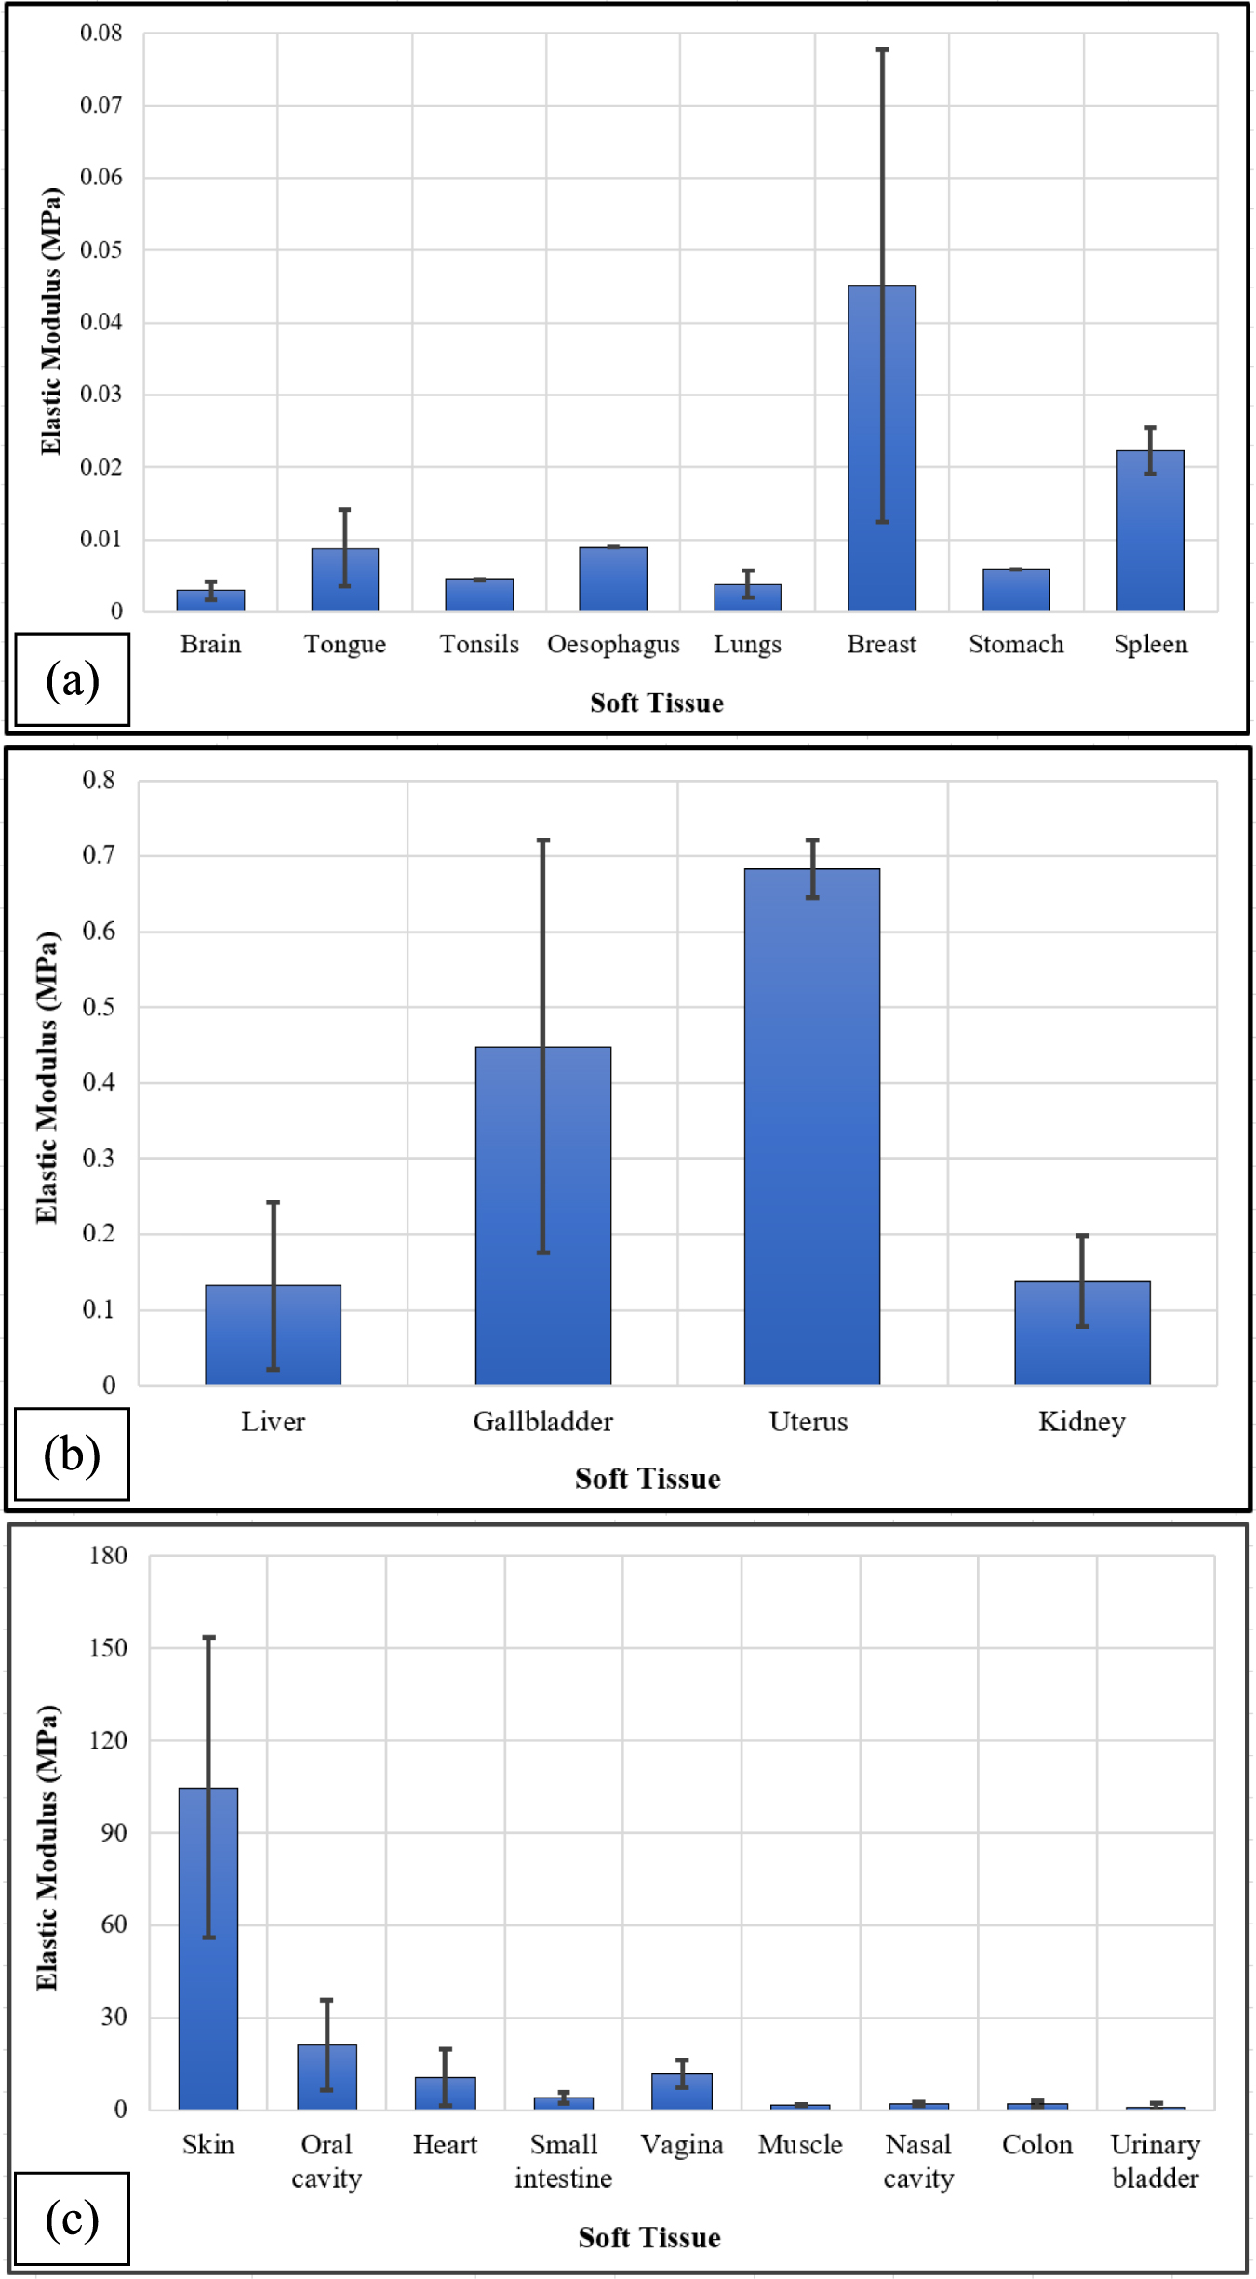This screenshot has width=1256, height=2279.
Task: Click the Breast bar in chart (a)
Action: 881,448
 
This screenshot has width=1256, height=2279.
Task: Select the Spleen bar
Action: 1150,530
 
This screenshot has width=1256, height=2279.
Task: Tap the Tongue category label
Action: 344,644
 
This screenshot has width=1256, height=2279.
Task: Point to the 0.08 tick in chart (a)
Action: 101,34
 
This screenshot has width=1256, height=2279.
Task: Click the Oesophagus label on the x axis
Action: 613,644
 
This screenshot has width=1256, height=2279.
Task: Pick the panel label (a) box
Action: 73,679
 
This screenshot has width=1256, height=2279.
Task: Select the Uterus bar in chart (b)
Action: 811,1126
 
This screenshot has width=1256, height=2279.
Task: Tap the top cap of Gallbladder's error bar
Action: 542,840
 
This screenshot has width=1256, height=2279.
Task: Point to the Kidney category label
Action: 1081,1421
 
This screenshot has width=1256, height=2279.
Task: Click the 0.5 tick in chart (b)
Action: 99,1007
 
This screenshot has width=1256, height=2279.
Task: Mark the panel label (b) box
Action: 73,1455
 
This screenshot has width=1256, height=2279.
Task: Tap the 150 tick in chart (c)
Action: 108,1648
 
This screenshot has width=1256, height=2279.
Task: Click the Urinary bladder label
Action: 1155,2161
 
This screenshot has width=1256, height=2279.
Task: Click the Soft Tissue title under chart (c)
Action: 648,2237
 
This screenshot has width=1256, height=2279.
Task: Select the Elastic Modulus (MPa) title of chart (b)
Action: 47,1078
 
